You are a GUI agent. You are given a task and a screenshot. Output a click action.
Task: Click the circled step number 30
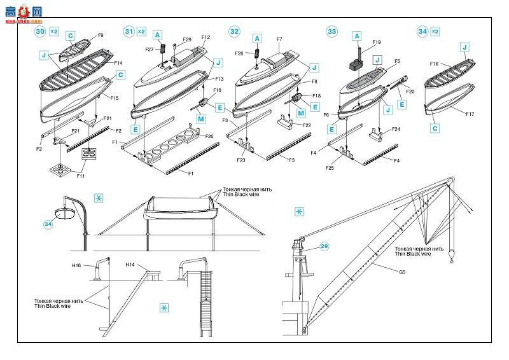(40, 31)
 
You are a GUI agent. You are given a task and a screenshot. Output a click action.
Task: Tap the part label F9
(101, 36)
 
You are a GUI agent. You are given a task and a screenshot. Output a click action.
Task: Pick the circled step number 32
(234, 31)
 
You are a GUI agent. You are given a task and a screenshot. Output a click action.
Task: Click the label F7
(279, 39)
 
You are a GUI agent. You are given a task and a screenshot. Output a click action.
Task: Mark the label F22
(307, 125)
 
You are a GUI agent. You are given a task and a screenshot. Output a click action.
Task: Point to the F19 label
(377, 42)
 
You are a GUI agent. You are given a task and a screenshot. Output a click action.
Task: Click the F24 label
(396, 129)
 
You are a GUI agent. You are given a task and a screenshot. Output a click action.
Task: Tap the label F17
(470, 114)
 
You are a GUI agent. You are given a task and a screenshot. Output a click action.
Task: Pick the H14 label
(130, 265)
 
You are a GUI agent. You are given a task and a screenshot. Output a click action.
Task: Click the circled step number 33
(331, 31)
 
